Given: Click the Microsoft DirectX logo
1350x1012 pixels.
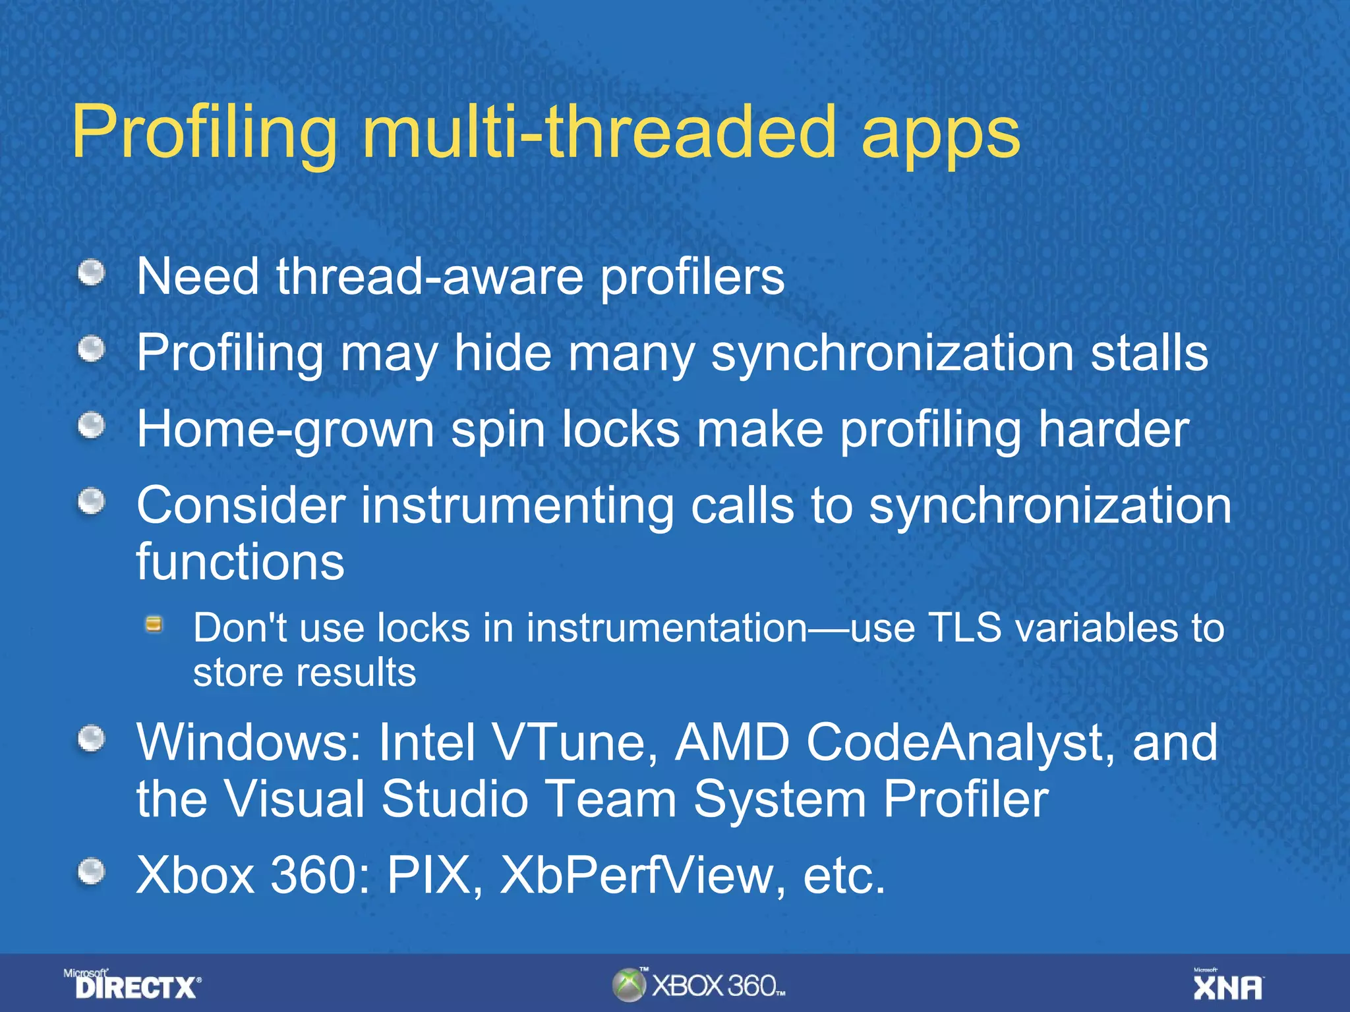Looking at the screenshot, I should click(132, 984).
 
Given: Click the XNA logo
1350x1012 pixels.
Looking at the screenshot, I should click(1228, 986).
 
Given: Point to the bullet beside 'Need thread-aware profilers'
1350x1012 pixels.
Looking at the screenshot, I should click(92, 273).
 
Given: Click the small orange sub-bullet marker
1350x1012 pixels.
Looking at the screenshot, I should click(154, 624).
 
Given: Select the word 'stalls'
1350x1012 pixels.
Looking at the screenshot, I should click(1149, 353).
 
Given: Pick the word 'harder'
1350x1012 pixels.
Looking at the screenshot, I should click(1114, 430).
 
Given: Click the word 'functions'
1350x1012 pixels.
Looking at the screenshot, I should click(240, 562).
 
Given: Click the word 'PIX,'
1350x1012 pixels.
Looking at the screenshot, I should click(435, 876).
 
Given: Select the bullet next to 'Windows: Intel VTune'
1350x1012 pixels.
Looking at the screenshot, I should click(92, 739).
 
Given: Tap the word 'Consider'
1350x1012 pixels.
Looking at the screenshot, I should click(241, 506).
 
